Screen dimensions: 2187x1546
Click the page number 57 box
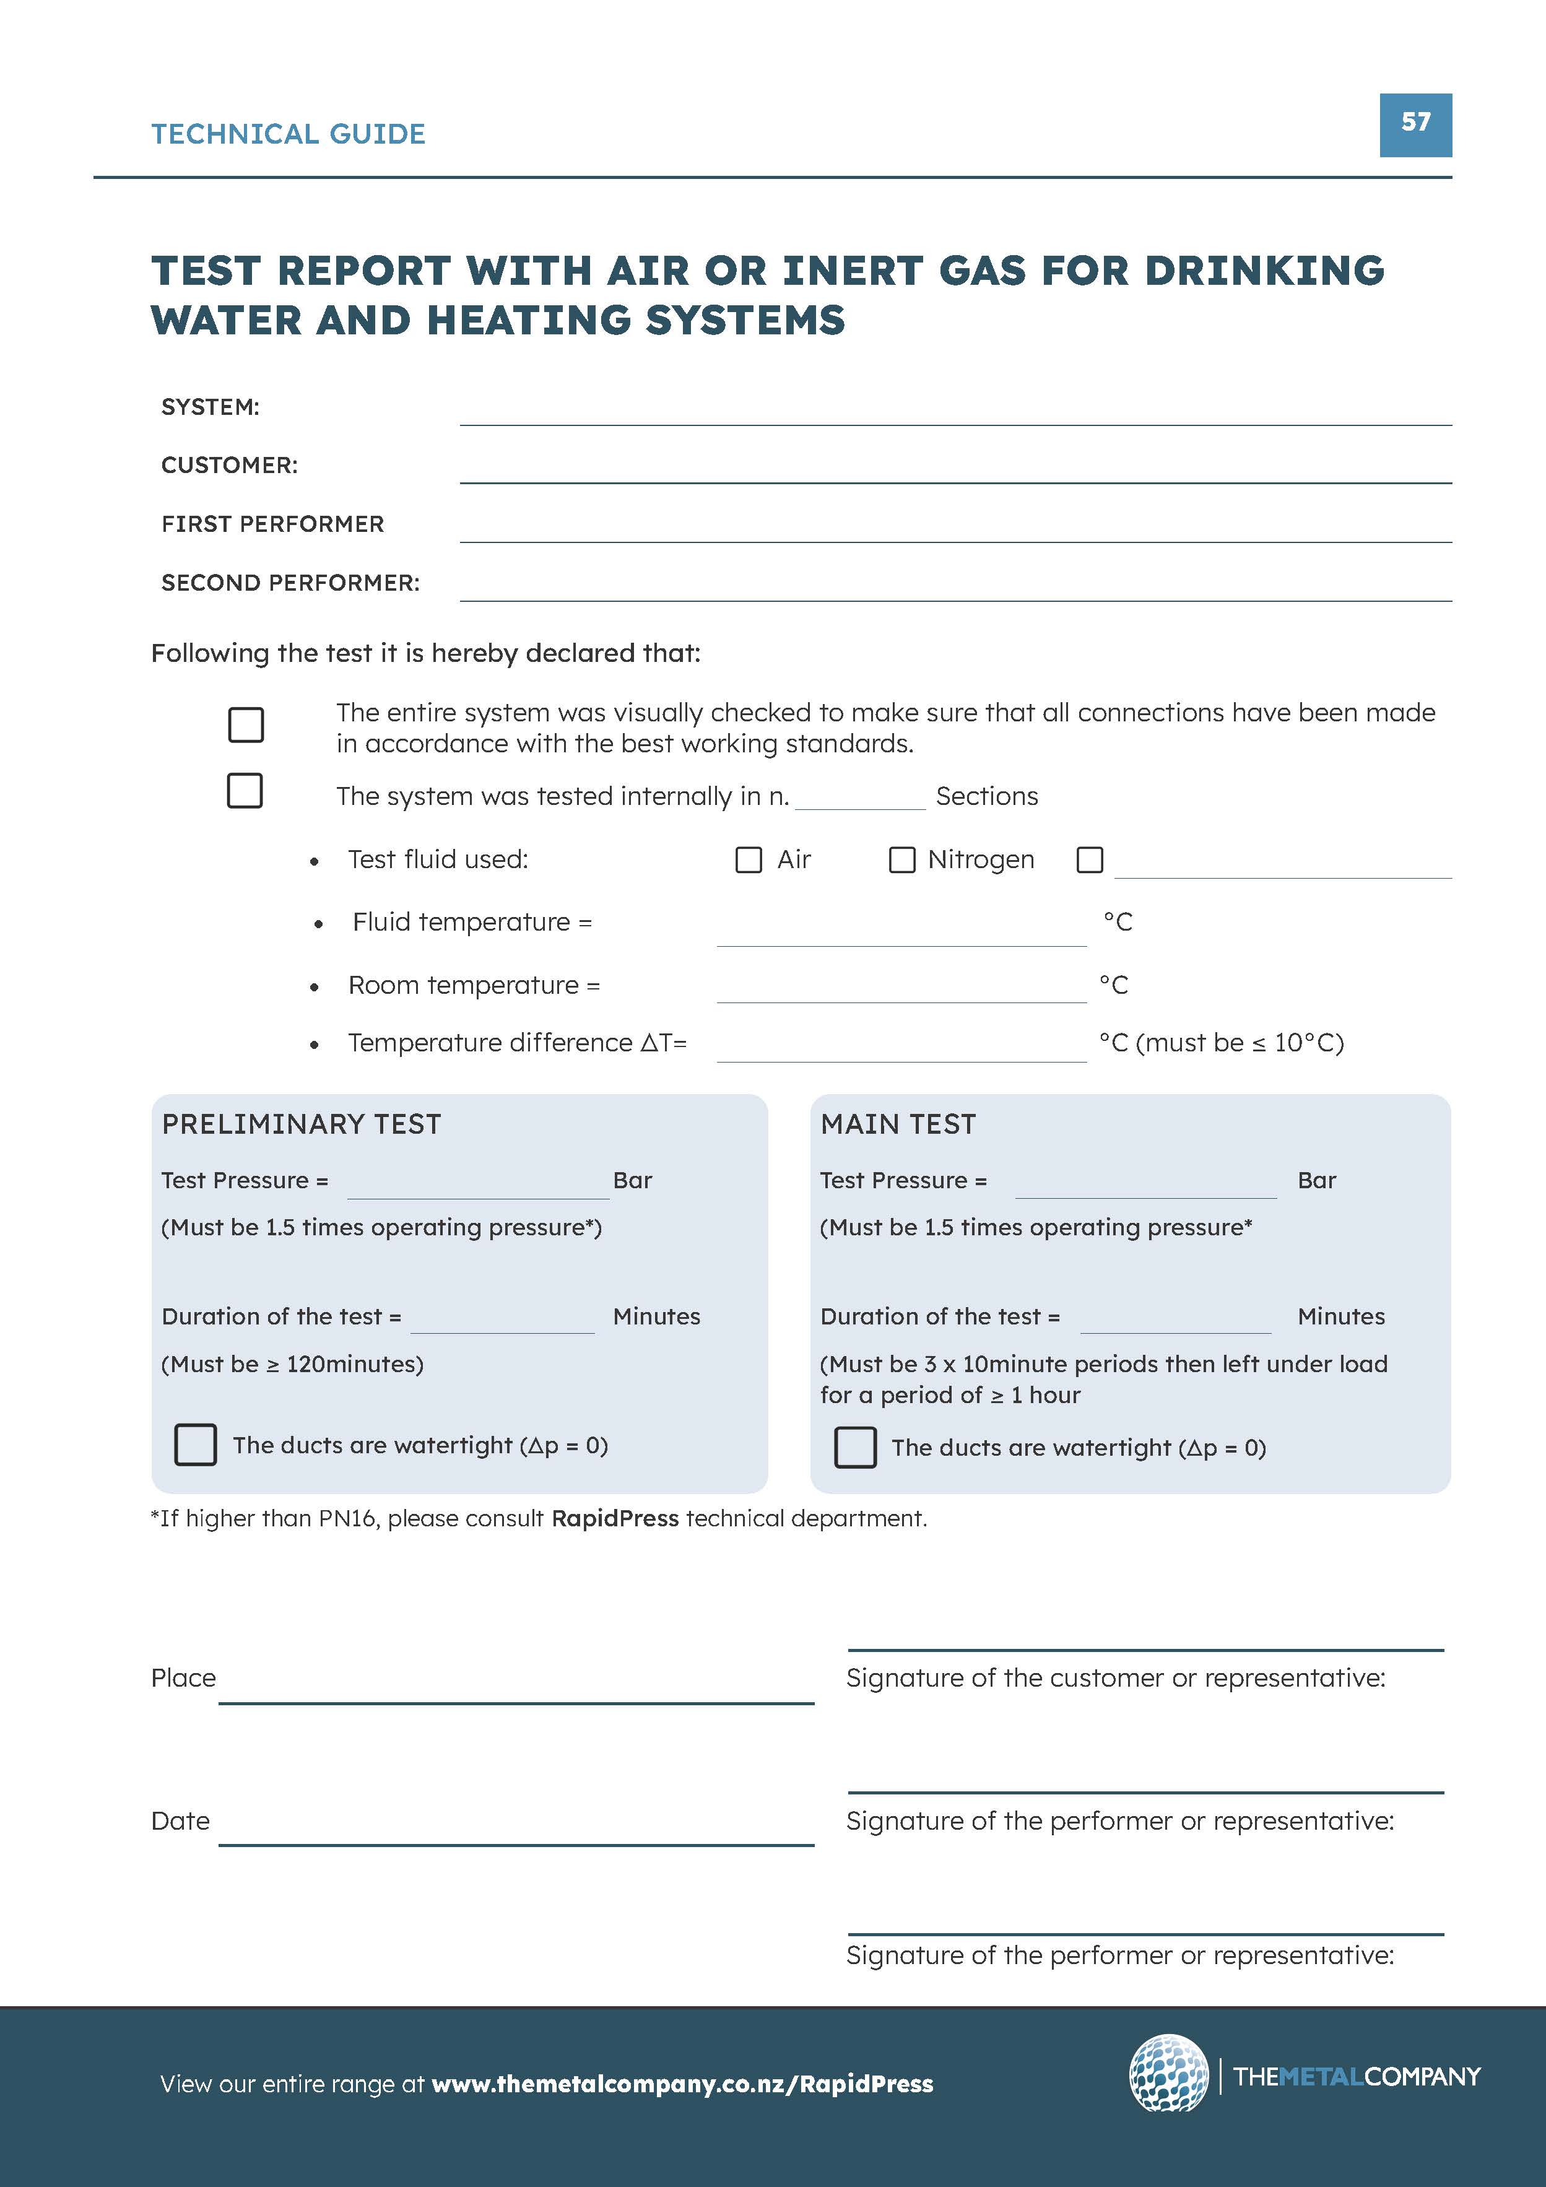tap(1415, 125)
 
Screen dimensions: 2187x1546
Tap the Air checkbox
tap(749, 860)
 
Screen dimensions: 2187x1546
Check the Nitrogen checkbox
tap(901, 860)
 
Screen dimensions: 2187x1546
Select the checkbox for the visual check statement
tap(246, 725)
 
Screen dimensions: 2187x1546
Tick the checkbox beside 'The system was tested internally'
tap(245, 791)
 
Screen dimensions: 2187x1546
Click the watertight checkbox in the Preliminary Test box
tap(195, 1445)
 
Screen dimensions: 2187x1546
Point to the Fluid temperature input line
tap(900, 934)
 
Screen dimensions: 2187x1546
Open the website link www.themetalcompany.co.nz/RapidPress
tap(682, 2084)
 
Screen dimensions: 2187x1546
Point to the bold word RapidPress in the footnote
tap(614, 1518)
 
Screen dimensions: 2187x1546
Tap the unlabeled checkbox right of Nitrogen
tap(1090, 860)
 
